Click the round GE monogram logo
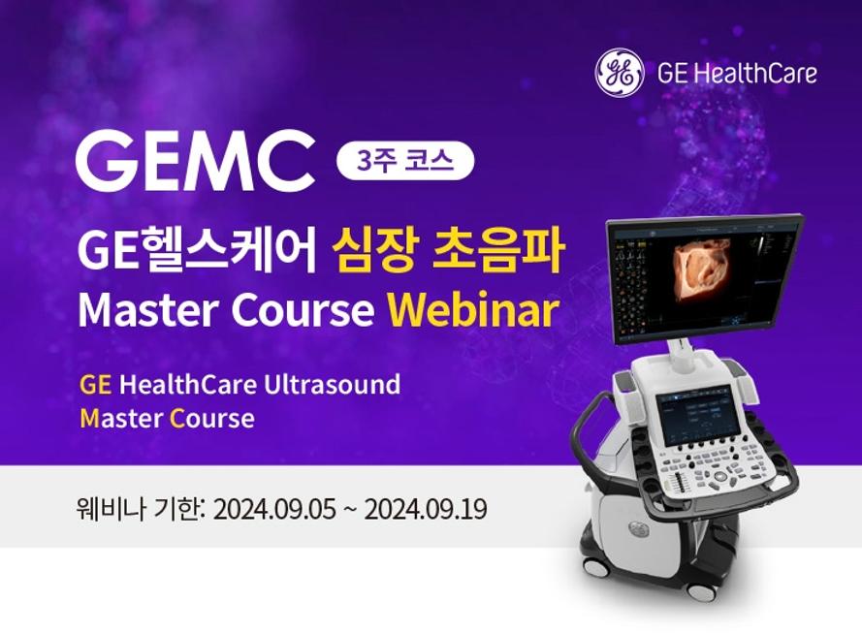click(x=620, y=73)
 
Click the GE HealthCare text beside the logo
click(x=737, y=74)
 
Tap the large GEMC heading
click(x=196, y=159)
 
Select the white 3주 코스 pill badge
click(x=405, y=161)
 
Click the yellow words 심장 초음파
click(x=448, y=252)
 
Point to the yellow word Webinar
click(x=474, y=310)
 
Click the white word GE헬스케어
click(x=198, y=252)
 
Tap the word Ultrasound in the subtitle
click(x=332, y=384)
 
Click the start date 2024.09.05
click(x=273, y=509)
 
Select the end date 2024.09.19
click(x=426, y=509)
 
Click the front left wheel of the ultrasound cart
click(x=596, y=566)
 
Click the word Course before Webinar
click(x=303, y=310)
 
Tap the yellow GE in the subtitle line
click(x=96, y=385)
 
